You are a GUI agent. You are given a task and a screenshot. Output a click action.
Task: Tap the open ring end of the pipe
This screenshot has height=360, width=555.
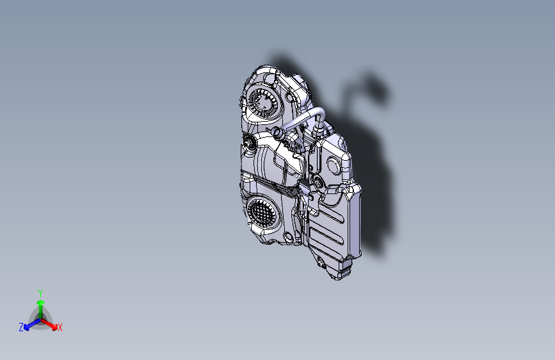(278, 133)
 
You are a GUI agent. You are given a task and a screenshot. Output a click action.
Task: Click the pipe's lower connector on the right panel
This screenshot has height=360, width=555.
(317, 136)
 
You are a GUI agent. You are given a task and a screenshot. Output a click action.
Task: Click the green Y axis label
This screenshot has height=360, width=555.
(40, 292)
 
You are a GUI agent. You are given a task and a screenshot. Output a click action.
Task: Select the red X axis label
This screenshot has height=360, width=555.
(60, 328)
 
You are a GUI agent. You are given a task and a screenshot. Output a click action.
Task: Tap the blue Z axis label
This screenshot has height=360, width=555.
(21, 327)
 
